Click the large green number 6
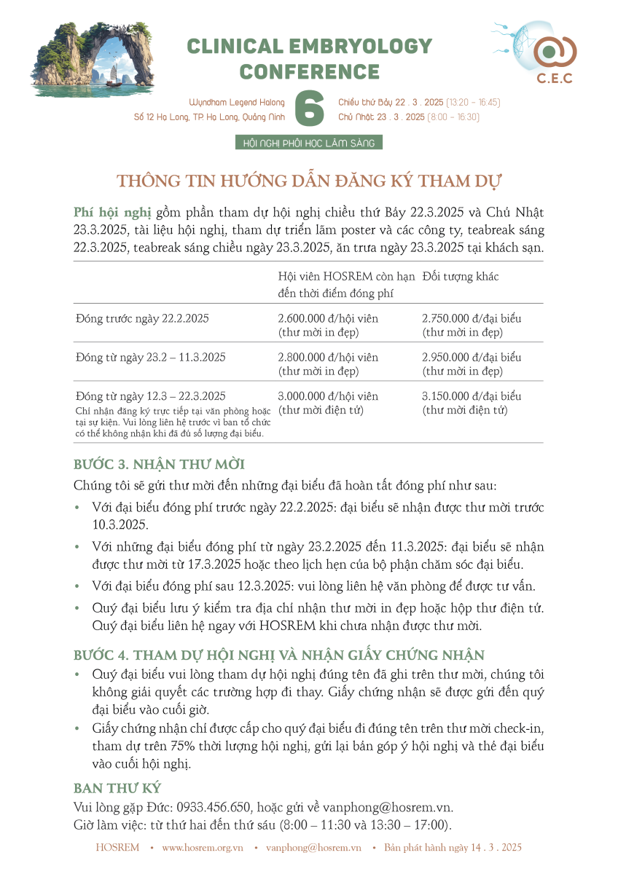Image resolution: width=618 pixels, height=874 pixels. pyautogui.click(x=309, y=109)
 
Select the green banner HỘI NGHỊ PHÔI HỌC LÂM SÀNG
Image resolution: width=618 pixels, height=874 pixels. pyautogui.click(x=309, y=143)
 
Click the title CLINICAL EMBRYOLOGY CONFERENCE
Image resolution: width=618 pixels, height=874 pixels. pyautogui.click(x=309, y=59)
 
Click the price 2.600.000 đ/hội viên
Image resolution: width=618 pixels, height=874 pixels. pyautogui.click(x=328, y=319)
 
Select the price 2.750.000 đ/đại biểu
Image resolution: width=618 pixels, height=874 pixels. pyautogui.click(x=472, y=319)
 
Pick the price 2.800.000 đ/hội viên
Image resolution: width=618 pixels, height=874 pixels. pyautogui.click(x=328, y=358)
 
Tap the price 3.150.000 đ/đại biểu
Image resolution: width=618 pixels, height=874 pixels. pyautogui.click(x=472, y=397)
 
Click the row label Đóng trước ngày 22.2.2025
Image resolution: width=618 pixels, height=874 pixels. pyautogui.click(x=143, y=319)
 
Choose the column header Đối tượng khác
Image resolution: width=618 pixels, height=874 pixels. pyautogui.click(x=461, y=277)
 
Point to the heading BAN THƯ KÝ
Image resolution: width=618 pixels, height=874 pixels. pyautogui.click(x=117, y=789)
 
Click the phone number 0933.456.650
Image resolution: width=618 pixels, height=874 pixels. pyautogui.click(x=215, y=808)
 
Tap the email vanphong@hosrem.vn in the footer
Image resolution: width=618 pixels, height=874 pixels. pyautogui.click(x=313, y=848)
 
